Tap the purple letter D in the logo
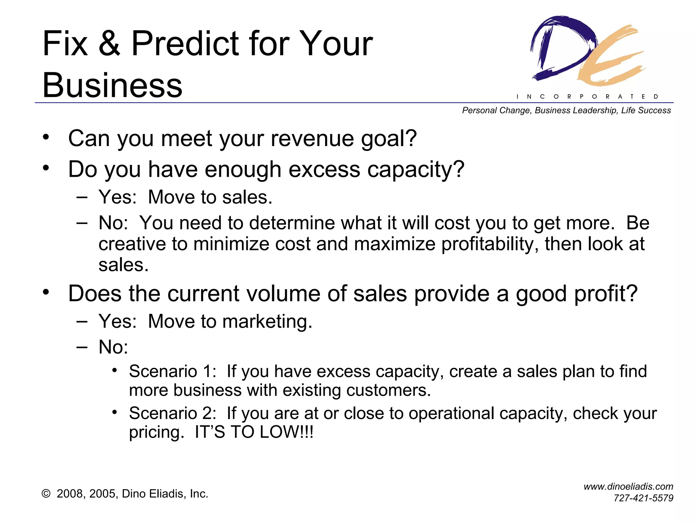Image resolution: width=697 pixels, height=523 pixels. click(x=562, y=48)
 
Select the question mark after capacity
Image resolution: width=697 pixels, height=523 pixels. click(x=457, y=169)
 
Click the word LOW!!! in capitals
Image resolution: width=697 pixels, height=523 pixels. click(x=286, y=432)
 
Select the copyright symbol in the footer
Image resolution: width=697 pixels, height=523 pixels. click(x=46, y=494)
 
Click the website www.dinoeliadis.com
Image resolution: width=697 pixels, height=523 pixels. click(x=628, y=487)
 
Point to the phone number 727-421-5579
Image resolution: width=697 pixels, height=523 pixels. click(x=643, y=498)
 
